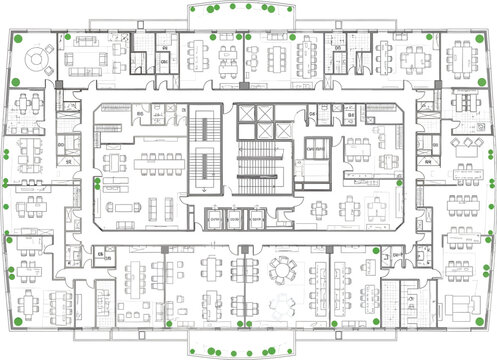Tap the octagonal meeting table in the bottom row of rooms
pyautogui.click(x=284, y=268)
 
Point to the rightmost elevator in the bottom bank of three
pyautogui.click(x=254, y=220)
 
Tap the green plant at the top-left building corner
pyautogui.click(x=18, y=38)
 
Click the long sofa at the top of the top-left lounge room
pyautogui.click(x=84, y=41)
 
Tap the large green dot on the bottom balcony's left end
pyautogui.click(x=212, y=350)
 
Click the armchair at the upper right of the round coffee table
pyautogui.click(x=50, y=47)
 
